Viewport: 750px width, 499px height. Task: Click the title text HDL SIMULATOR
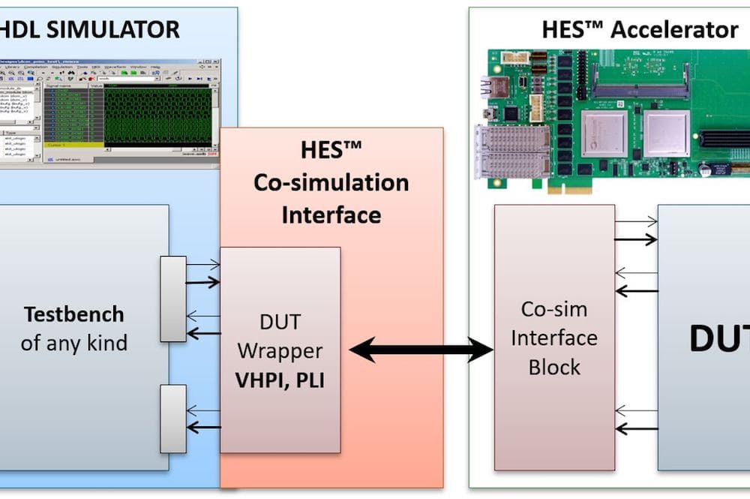click(x=89, y=29)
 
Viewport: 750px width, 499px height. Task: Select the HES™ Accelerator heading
click(x=640, y=30)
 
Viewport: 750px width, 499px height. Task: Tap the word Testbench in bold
click(x=73, y=314)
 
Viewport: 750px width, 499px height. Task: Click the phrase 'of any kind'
click(x=73, y=344)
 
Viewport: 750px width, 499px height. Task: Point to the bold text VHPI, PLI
click(x=279, y=380)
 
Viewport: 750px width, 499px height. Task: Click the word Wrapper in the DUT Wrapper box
click(x=279, y=350)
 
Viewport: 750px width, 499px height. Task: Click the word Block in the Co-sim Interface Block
click(x=554, y=367)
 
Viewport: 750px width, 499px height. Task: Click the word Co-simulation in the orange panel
click(x=331, y=182)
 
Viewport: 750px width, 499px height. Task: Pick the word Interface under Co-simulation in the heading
click(x=331, y=215)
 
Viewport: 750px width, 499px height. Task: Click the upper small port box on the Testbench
click(x=173, y=299)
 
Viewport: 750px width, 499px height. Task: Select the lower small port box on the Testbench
click(x=173, y=419)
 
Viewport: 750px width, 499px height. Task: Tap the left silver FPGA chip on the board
click(x=604, y=133)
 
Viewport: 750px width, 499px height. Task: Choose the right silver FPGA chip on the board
click(x=666, y=133)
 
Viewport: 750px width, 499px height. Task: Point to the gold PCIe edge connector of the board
click(x=592, y=188)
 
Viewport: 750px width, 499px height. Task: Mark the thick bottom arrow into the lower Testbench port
click(x=203, y=428)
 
